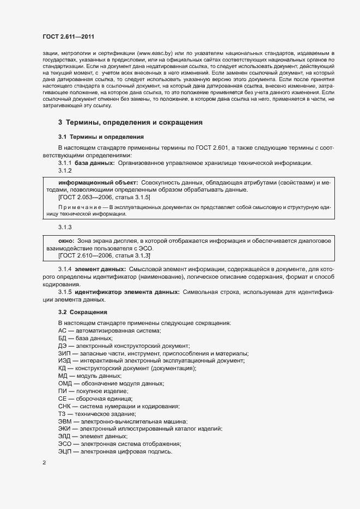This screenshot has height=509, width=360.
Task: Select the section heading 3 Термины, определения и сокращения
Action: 130,122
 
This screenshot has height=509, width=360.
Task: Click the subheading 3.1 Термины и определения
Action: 100,136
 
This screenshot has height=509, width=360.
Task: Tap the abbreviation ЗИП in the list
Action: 64,353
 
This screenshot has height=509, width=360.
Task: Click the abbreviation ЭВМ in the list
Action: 65,421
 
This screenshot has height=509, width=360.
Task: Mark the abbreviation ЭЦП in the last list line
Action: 64,452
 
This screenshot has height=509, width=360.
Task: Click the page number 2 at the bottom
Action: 44,463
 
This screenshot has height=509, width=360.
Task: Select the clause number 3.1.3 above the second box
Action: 65,225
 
